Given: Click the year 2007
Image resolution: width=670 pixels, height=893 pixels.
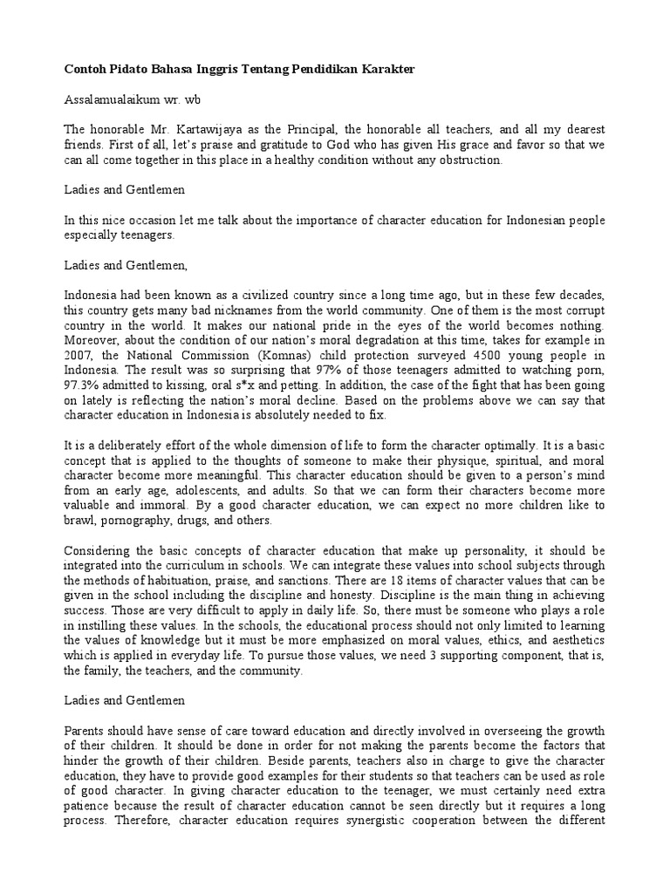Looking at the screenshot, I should coord(79,355).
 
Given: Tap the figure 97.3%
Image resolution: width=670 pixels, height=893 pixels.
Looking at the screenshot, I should coord(84,385).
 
